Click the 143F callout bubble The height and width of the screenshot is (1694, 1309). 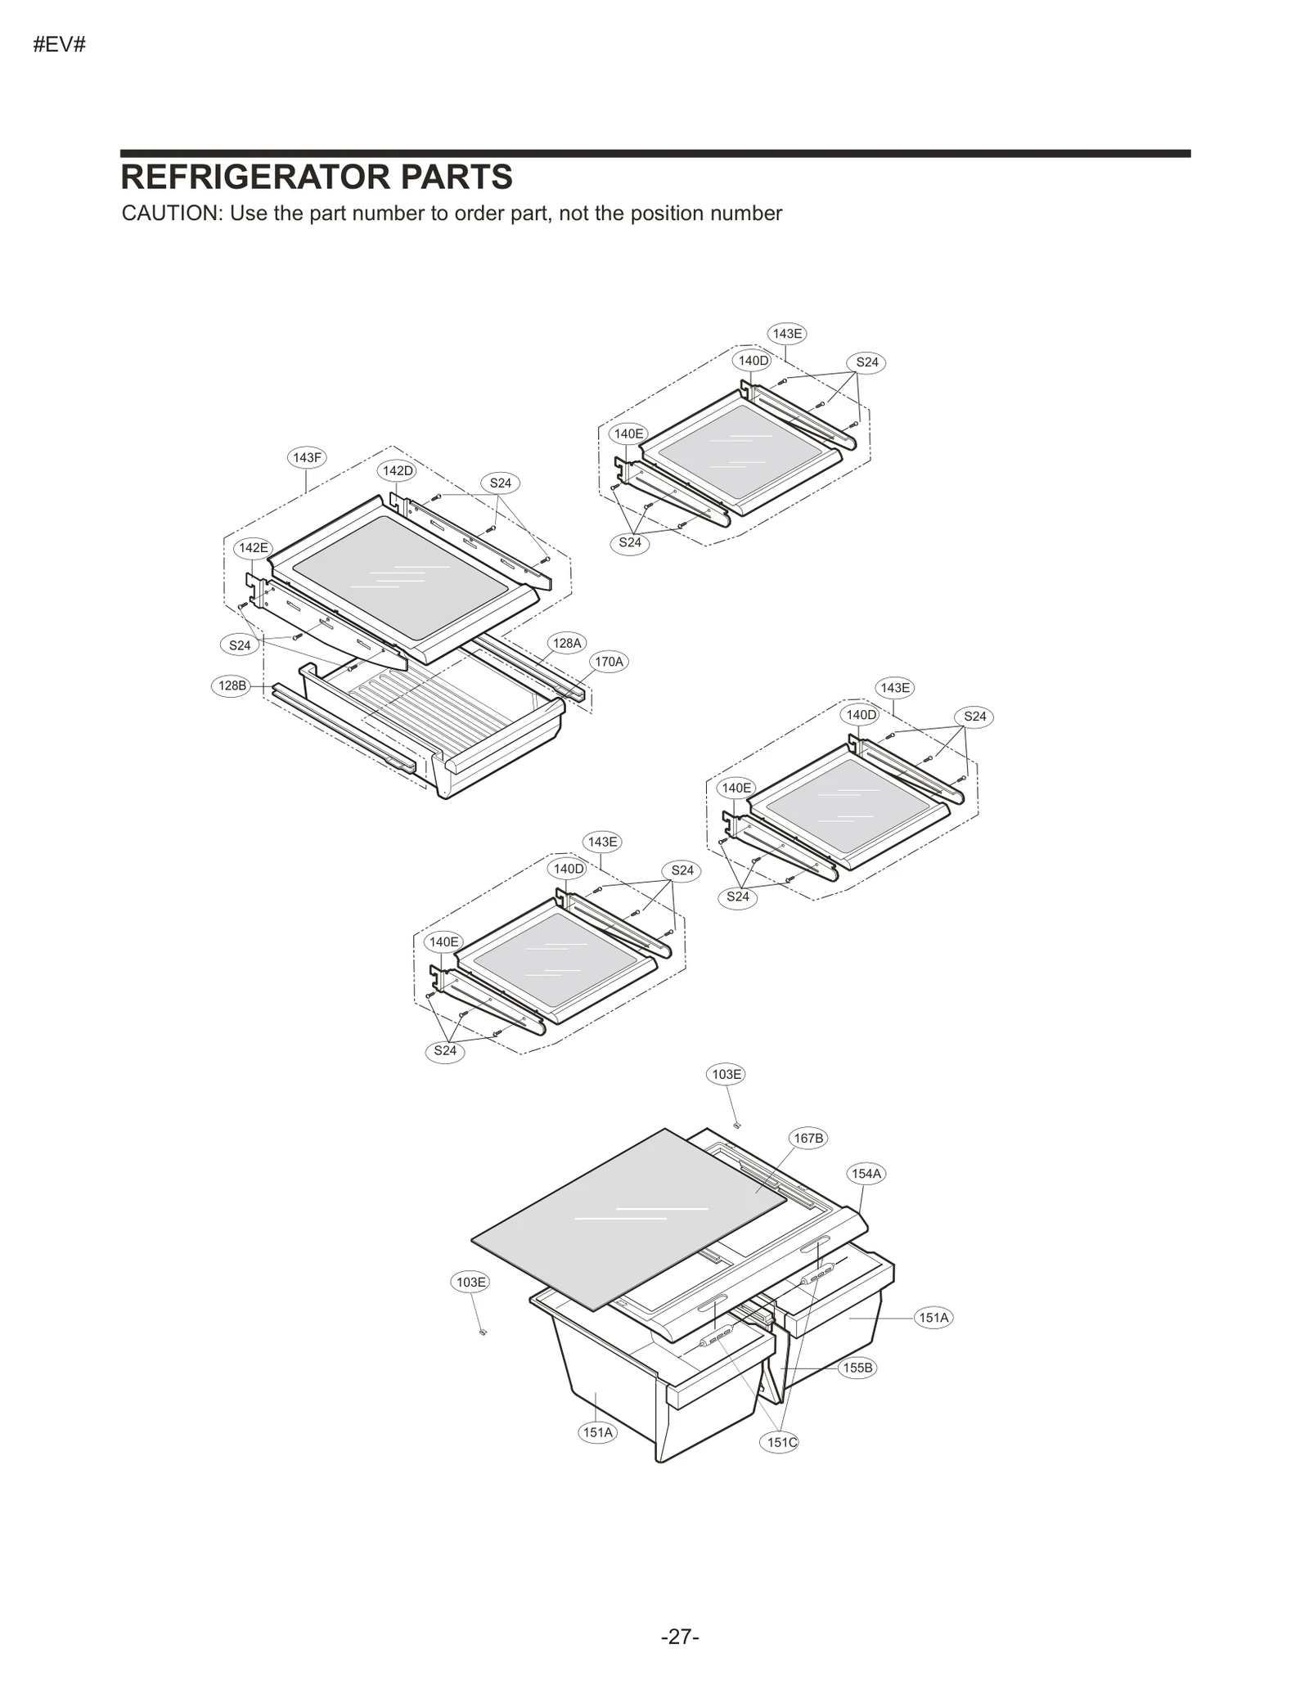click(x=307, y=457)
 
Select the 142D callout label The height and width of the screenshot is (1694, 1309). click(x=398, y=470)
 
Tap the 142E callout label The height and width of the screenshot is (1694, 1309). click(x=253, y=547)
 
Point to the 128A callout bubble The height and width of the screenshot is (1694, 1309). click(x=566, y=643)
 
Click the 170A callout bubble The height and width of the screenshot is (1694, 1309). click(x=609, y=661)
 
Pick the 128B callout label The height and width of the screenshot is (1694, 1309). click(x=232, y=685)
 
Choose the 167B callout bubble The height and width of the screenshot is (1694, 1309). click(x=808, y=1138)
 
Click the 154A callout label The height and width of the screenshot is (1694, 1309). click(x=866, y=1174)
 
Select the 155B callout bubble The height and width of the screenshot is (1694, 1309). click(x=857, y=1368)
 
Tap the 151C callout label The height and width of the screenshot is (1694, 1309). click(x=781, y=1442)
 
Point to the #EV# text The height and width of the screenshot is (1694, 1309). click(x=59, y=45)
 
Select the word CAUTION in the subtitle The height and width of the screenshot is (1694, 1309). click(x=171, y=213)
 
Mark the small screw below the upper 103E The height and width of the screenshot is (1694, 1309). click(x=736, y=1125)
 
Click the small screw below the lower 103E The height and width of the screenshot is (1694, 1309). click(x=483, y=1332)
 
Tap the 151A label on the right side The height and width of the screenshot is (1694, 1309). click(x=933, y=1317)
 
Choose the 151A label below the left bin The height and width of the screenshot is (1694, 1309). click(x=597, y=1432)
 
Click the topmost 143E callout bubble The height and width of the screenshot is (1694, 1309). click(x=787, y=334)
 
